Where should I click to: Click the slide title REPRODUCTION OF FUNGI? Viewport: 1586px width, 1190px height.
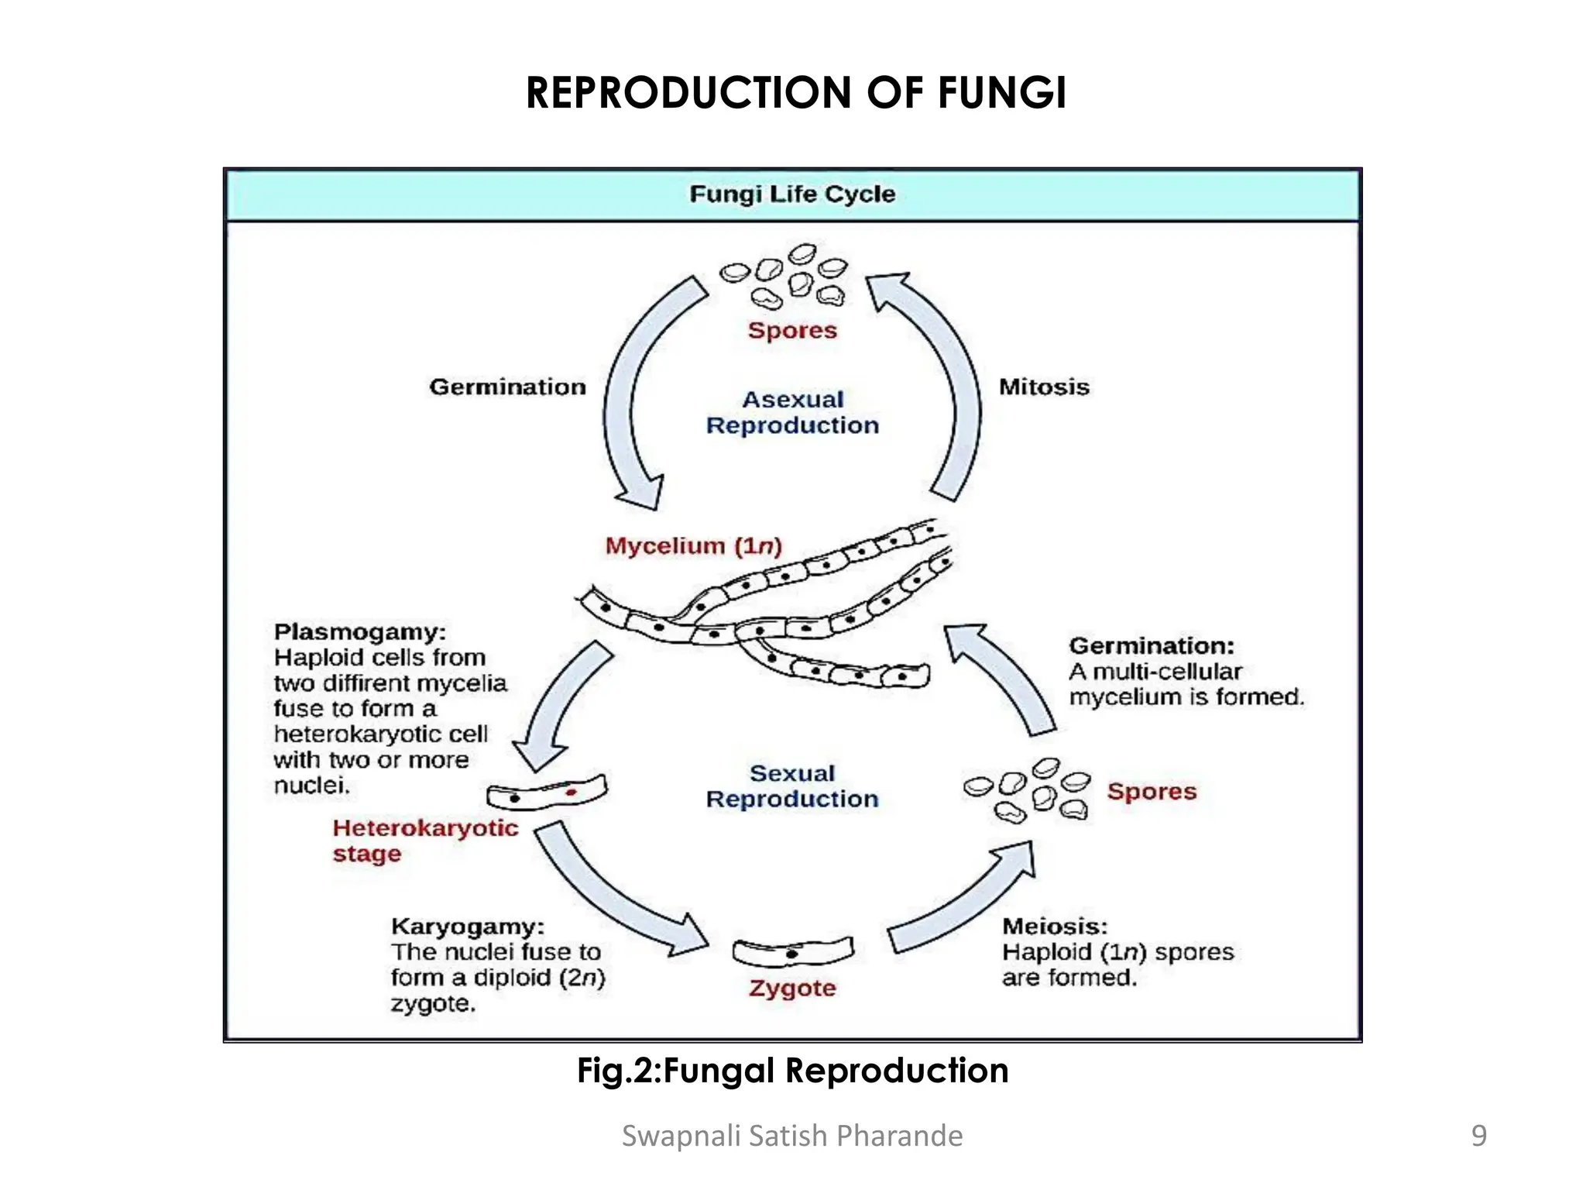[x=795, y=93]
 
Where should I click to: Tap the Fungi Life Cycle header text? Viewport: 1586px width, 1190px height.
[x=791, y=194]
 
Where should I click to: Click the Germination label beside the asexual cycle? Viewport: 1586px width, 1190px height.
[x=507, y=387]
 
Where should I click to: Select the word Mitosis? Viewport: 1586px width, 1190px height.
[x=1043, y=387]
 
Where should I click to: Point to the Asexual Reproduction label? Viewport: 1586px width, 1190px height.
[x=792, y=412]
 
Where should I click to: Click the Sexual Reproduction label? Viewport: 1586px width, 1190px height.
[x=792, y=786]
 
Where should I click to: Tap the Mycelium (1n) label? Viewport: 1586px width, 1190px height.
[x=693, y=546]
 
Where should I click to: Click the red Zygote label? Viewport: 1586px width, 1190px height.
[x=791, y=988]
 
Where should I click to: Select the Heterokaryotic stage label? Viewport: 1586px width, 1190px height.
[x=424, y=841]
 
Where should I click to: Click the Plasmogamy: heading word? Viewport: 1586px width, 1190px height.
[x=359, y=631]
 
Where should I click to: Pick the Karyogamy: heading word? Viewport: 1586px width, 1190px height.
[x=467, y=926]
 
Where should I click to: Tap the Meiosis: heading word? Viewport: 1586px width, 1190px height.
[x=1054, y=926]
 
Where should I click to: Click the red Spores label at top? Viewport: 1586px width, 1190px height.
[x=791, y=330]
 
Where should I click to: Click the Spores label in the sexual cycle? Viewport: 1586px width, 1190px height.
[x=1151, y=791]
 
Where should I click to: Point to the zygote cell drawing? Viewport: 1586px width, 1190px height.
[x=792, y=951]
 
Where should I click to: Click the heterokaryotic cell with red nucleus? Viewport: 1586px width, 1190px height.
[x=547, y=793]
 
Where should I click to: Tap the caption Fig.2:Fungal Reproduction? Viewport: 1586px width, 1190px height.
[x=792, y=1071]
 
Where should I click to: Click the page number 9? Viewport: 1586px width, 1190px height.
[x=1478, y=1136]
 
